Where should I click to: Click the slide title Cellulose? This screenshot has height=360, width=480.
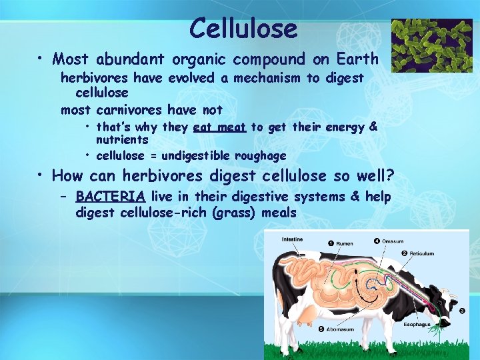coord(243,28)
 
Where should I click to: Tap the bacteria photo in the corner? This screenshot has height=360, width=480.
coord(431,45)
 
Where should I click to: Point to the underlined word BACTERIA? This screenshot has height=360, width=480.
coord(111,197)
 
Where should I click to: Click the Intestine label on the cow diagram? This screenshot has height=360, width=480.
coord(293,239)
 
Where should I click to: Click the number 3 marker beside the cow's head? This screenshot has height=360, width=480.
coord(463,311)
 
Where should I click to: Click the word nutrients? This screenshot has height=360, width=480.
coord(122,140)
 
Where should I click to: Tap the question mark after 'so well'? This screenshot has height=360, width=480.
coord(390,177)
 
